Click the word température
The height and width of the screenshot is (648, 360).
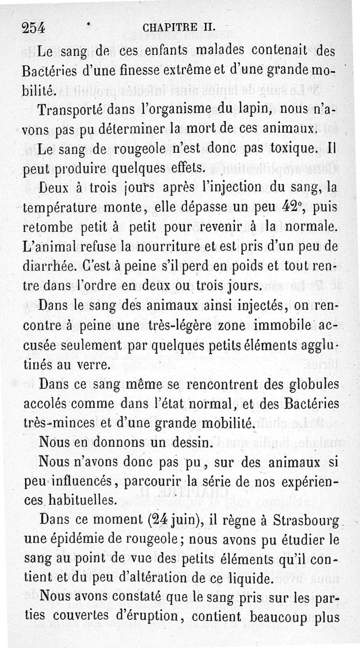click(59, 209)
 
